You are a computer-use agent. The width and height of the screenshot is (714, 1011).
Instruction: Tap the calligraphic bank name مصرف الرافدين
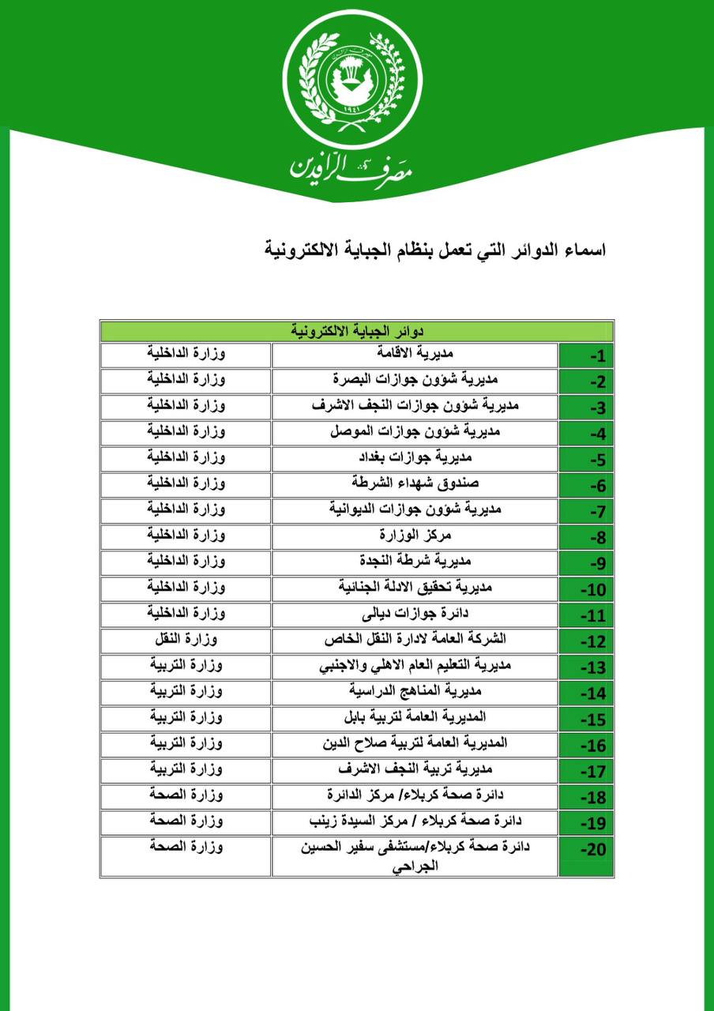tap(352, 164)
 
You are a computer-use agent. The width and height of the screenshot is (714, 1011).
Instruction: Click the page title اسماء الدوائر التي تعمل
tap(435, 250)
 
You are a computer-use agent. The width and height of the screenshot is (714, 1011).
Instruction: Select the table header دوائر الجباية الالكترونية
tap(357, 330)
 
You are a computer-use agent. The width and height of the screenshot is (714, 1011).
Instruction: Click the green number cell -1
tap(586, 355)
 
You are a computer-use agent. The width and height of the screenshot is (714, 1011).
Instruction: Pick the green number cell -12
tap(586, 641)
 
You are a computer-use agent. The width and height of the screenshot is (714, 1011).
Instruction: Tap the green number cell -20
tap(586, 856)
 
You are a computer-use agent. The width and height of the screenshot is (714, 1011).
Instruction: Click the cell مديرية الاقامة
tap(415, 355)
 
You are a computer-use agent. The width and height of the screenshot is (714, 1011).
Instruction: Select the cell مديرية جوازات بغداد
tap(415, 458)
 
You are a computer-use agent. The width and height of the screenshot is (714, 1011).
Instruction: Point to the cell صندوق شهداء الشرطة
tap(415, 484)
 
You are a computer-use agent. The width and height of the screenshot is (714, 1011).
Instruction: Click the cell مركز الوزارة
tap(415, 536)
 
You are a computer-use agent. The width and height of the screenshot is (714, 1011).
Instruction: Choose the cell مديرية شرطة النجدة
tap(415, 562)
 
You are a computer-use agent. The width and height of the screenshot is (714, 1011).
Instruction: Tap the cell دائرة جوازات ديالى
tap(415, 614)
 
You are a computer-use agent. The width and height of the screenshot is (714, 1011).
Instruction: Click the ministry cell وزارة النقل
tap(186, 640)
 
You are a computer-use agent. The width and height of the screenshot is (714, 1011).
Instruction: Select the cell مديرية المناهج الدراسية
tap(415, 692)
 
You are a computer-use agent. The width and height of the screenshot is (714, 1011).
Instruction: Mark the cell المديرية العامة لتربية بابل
tap(415, 718)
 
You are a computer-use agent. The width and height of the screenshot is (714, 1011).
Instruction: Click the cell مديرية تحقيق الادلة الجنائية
tap(415, 588)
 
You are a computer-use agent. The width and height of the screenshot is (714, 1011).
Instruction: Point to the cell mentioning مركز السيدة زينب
tap(415, 822)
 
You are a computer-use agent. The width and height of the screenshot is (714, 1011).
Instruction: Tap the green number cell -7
tap(586, 511)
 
